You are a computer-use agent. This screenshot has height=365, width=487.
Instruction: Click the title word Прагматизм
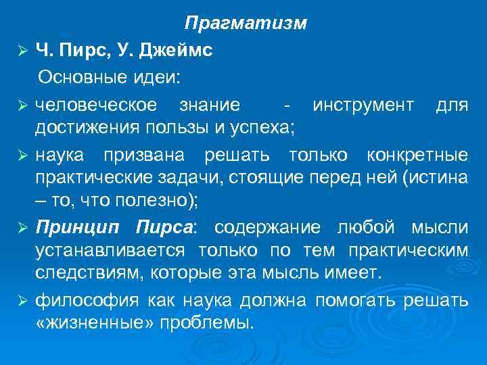pyautogui.click(x=246, y=24)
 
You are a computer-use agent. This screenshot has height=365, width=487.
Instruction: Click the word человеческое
pyautogui.click(x=96, y=105)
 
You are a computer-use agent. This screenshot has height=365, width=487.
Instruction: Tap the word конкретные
pyautogui.click(x=417, y=155)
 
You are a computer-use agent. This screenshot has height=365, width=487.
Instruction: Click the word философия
pyautogui.click(x=77, y=299)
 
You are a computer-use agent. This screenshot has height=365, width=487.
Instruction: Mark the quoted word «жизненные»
pyautogui.click(x=92, y=323)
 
